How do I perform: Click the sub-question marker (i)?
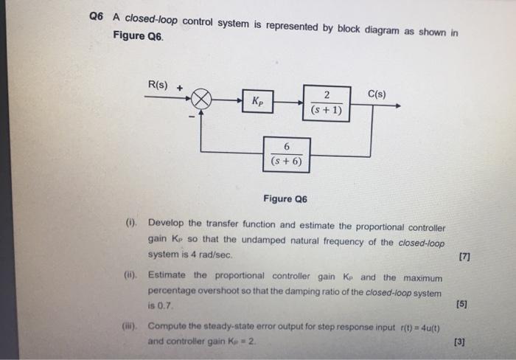click(130, 222)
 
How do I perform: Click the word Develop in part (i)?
click(167, 223)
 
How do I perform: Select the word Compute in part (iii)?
click(169, 327)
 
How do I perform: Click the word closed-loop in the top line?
click(150, 17)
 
